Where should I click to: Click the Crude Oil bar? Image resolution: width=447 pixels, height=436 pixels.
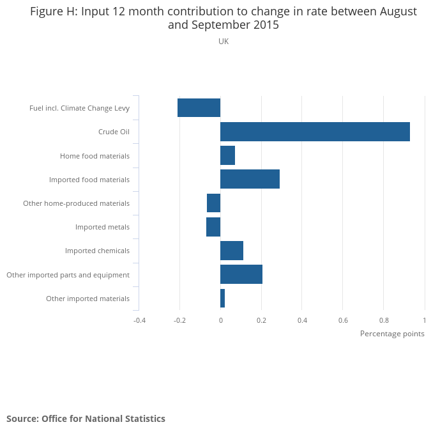pyautogui.click(x=315, y=132)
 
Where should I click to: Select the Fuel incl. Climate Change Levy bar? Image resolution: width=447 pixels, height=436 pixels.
pyautogui.click(x=199, y=108)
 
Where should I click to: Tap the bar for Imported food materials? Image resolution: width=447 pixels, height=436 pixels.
pyautogui.click(x=250, y=180)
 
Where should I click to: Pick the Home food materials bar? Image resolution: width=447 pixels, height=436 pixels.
pyautogui.click(x=227, y=155)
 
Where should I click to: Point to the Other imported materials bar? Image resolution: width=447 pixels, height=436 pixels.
pyautogui.click(x=222, y=299)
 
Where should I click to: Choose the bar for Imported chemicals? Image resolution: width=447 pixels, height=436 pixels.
pyautogui.click(x=232, y=251)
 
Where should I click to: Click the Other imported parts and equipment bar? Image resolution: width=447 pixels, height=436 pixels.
pyautogui.click(x=241, y=274)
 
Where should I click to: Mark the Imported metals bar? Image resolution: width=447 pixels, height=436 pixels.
pyautogui.click(x=213, y=227)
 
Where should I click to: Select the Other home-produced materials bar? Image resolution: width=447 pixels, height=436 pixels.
pyautogui.click(x=213, y=203)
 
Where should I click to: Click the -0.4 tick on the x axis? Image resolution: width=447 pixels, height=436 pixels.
pyautogui.click(x=139, y=320)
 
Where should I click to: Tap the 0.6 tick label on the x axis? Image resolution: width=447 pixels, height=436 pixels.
pyautogui.click(x=343, y=320)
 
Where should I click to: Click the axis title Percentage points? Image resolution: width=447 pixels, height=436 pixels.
pyautogui.click(x=392, y=334)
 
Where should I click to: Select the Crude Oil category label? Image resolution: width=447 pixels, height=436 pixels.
pyautogui.click(x=114, y=132)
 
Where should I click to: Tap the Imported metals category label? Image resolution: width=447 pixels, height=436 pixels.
pyautogui.click(x=102, y=227)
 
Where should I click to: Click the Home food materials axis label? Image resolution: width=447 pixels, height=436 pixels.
pyautogui.click(x=95, y=156)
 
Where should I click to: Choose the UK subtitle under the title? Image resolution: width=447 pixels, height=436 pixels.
pyautogui.click(x=223, y=42)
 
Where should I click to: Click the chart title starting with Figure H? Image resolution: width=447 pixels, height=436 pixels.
pyautogui.click(x=223, y=19)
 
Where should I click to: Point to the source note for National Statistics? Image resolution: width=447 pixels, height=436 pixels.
pyautogui.click(x=86, y=419)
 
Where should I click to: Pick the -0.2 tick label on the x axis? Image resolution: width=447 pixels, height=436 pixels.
pyautogui.click(x=179, y=320)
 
